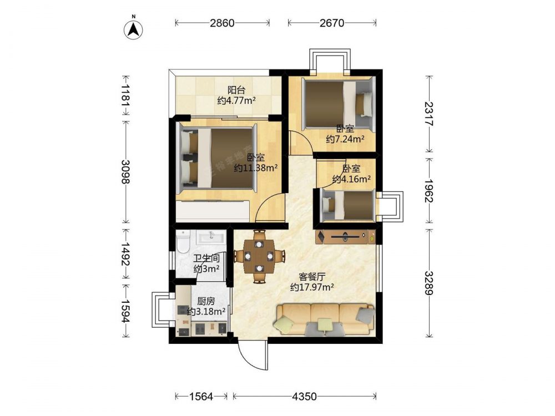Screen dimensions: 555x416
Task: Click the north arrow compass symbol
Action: [x=133, y=29]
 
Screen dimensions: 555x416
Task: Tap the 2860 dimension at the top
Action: [x=222, y=23]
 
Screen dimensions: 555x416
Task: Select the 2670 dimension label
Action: [x=332, y=23]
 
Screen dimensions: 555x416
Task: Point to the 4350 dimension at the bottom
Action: [x=304, y=397]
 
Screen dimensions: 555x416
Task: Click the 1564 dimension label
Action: [x=201, y=397]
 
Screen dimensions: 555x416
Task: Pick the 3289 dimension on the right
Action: [x=428, y=283]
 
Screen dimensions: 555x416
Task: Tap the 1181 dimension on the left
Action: [x=125, y=95]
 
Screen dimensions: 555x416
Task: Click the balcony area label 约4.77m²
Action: [x=236, y=101]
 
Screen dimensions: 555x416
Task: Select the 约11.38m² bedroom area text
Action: [x=255, y=168]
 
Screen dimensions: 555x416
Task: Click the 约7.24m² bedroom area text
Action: [x=345, y=139]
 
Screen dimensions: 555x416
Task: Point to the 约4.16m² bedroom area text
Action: [x=351, y=179]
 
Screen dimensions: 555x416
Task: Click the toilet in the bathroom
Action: [x=183, y=241]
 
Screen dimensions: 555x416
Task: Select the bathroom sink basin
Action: [x=211, y=237]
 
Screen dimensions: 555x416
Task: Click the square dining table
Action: [x=259, y=256]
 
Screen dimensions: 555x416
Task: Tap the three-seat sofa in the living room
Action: [x=325, y=319]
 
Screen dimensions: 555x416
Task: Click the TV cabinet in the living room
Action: [x=345, y=236]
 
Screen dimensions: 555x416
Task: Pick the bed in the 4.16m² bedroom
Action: [x=347, y=206]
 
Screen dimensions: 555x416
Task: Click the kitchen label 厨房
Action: [x=206, y=301]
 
